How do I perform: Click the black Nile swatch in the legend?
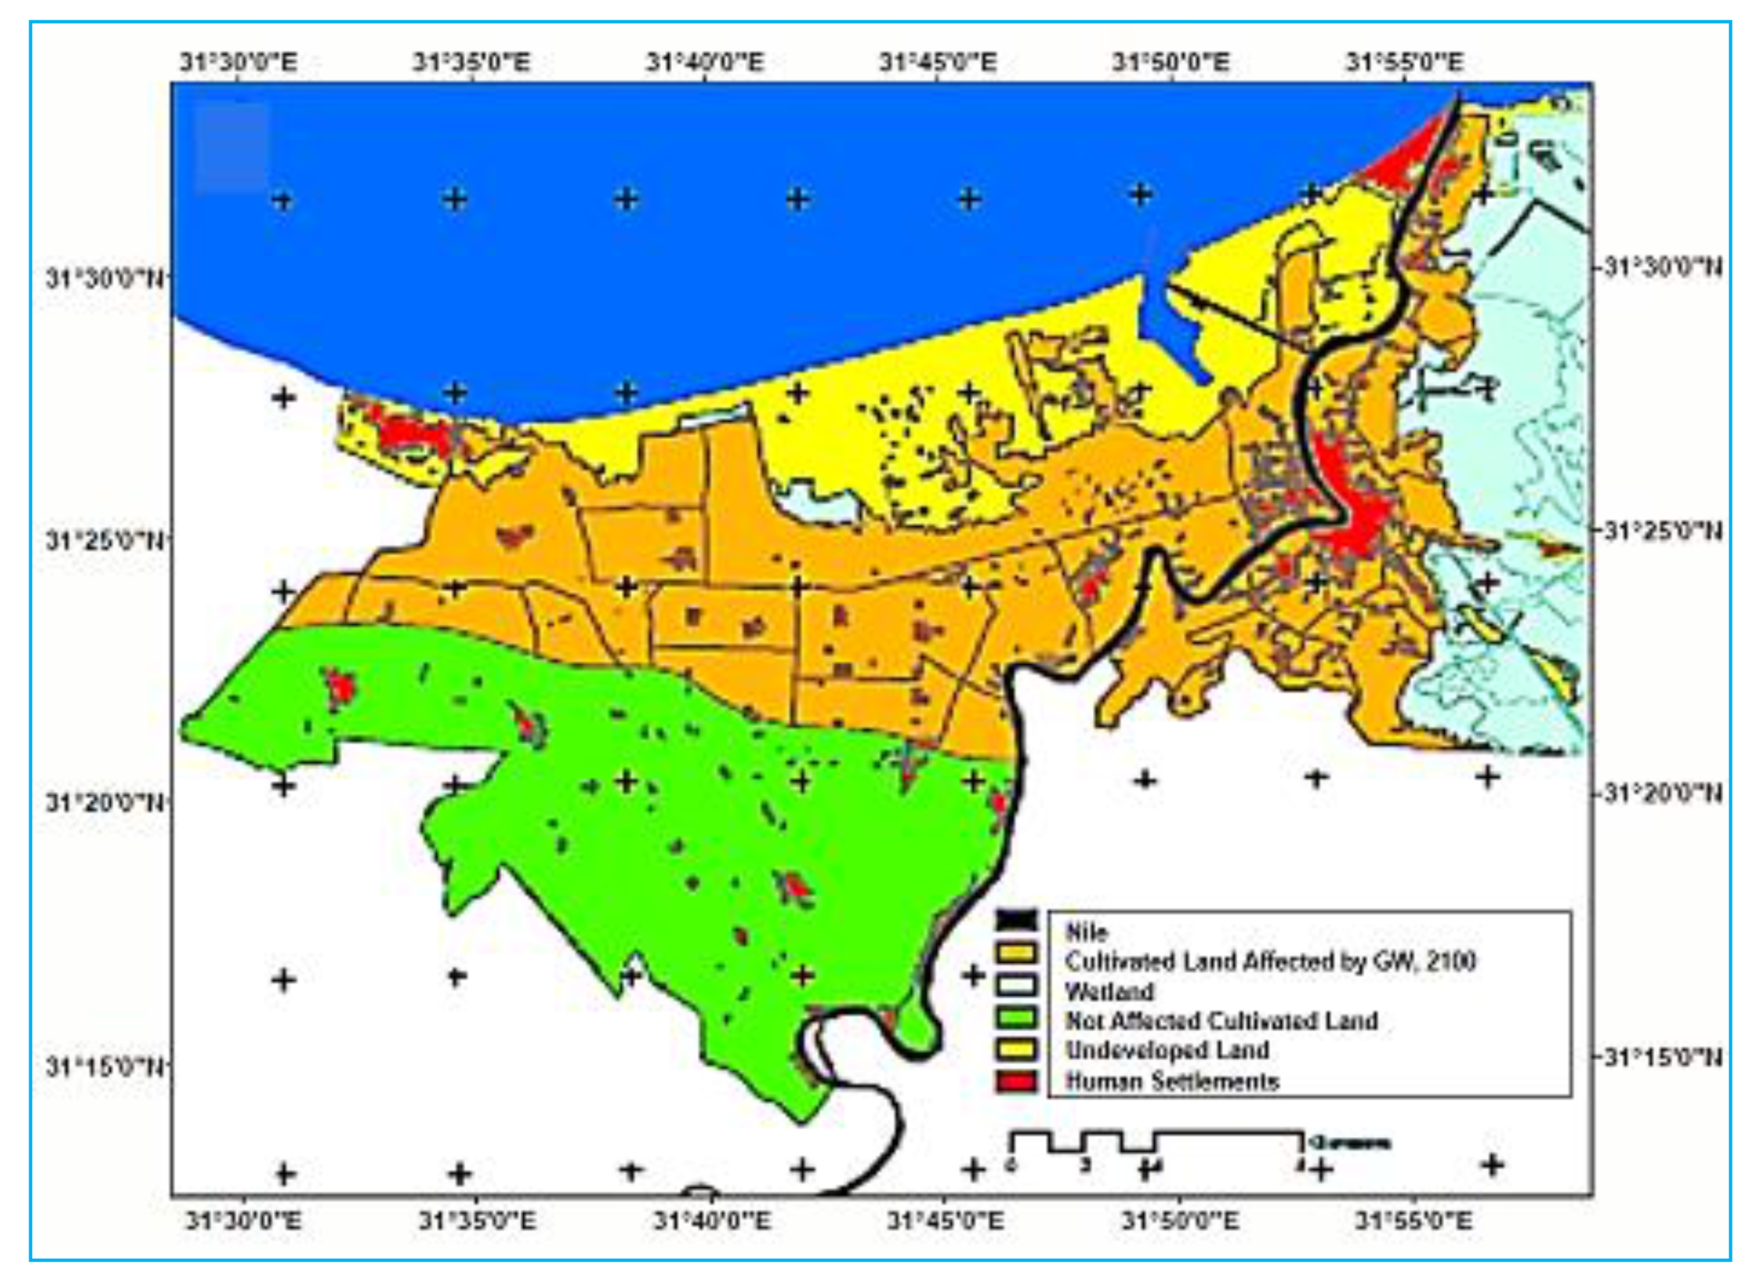[x=1017, y=921]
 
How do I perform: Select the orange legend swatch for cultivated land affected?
[x=1017, y=952]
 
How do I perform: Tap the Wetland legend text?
[x=1109, y=992]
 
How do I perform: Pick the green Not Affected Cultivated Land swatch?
[x=1017, y=1017]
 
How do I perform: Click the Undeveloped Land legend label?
[x=1167, y=1050]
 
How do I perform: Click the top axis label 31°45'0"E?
[x=938, y=62]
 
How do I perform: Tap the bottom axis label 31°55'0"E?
[x=1414, y=1220]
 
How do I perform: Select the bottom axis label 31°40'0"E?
[x=712, y=1220]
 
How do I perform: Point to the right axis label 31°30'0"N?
[x=1662, y=267]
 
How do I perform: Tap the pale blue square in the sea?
[x=232, y=148]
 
